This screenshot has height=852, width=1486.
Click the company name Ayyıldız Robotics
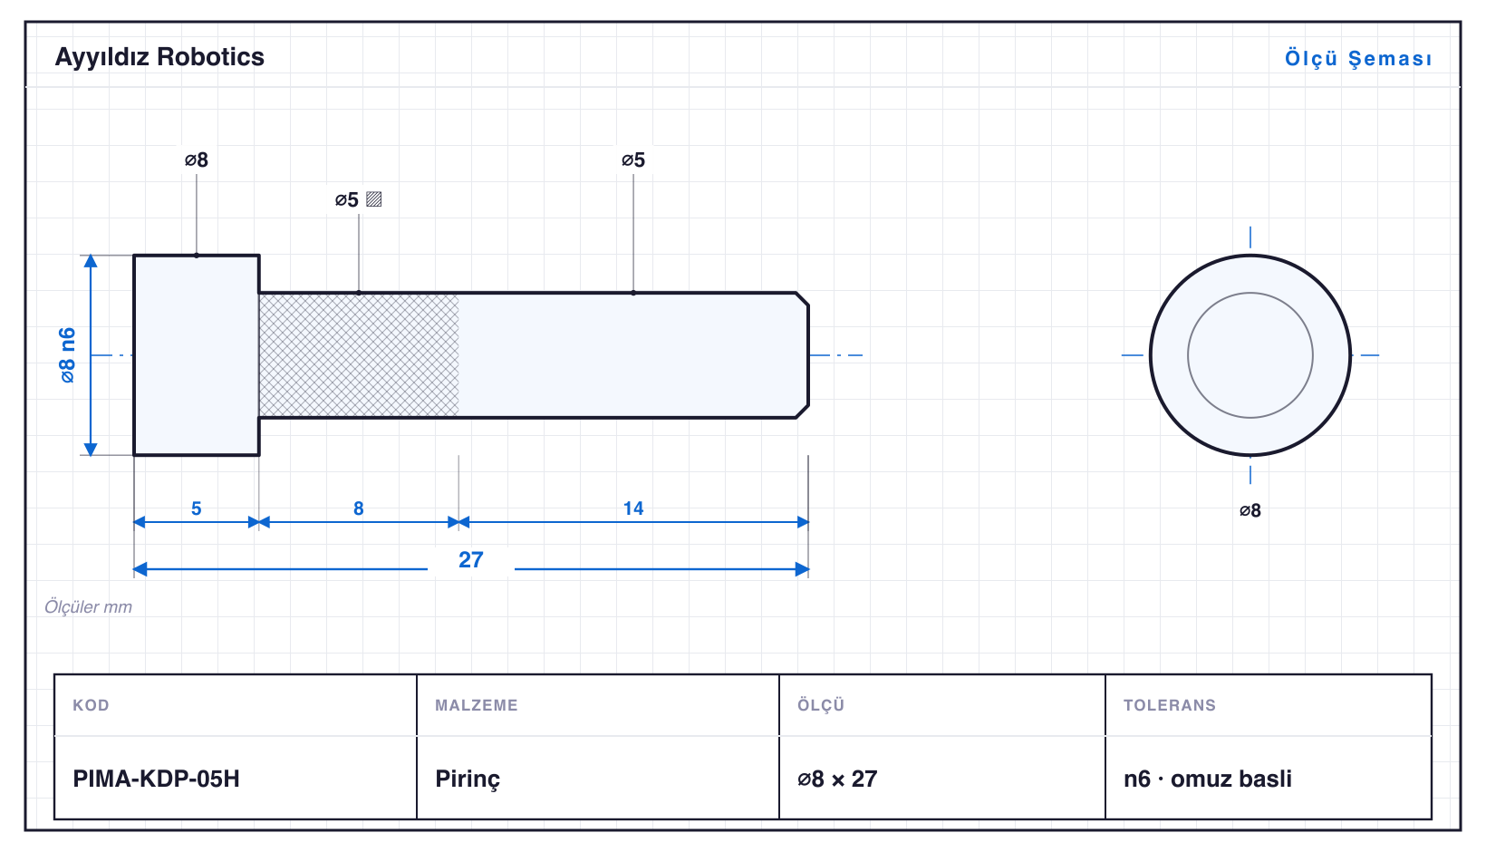pyautogui.click(x=159, y=58)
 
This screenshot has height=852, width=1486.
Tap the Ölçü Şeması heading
pyautogui.click(x=1358, y=58)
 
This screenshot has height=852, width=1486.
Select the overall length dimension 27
pyautogui.click(x=471, y=560)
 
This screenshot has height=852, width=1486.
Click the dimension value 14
pyautogui.click(x=633, y=509)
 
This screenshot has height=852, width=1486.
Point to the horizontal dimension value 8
pyautogui.click(x=358, y=509)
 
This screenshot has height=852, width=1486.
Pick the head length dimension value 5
pyautogui.click(x=197, y=509)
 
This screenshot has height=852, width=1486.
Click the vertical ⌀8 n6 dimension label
pyautogui.click(x=68, y=355)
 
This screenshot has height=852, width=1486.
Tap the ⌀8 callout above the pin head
pyautogui.click(x=197, y=160)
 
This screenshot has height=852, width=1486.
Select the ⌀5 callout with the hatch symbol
pyautogui.click(x=347, y=199)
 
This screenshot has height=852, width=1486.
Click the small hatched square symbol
pyautogui.click(x=374, y=199)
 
